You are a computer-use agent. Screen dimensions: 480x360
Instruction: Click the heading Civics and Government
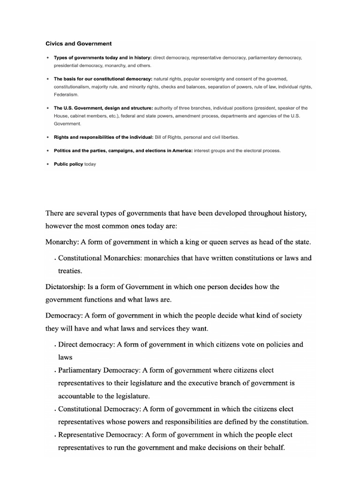click(x=78, y=44)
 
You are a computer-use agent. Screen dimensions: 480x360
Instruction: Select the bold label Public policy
click(x=68, y=164)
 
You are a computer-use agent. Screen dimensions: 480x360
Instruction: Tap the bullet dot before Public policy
click(x=47, y=164)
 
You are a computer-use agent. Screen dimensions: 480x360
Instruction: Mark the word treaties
click(x=71, y=271)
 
